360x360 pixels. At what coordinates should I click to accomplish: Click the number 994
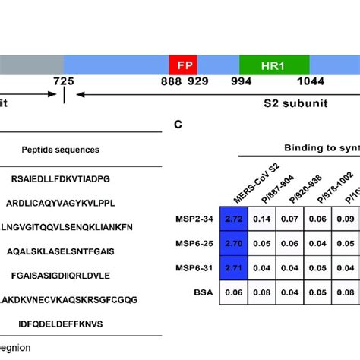pyautogui.click(x=242, y=81)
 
